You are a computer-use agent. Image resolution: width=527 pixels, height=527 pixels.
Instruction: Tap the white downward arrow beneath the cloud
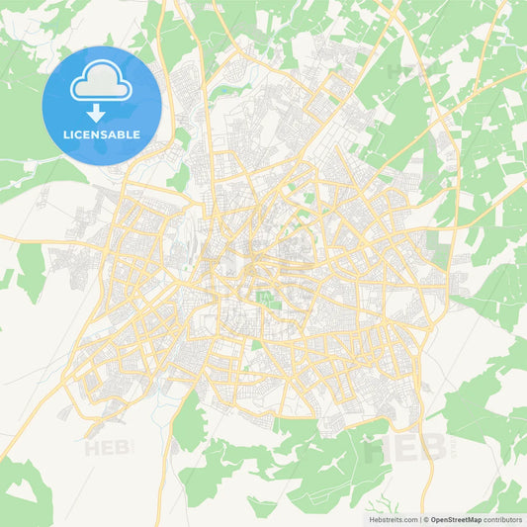(x=101, y=113)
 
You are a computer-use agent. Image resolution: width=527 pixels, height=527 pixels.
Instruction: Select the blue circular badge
(x=101, y=105)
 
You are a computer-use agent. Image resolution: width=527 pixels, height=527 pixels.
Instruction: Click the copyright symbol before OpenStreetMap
(x=427, y=518)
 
